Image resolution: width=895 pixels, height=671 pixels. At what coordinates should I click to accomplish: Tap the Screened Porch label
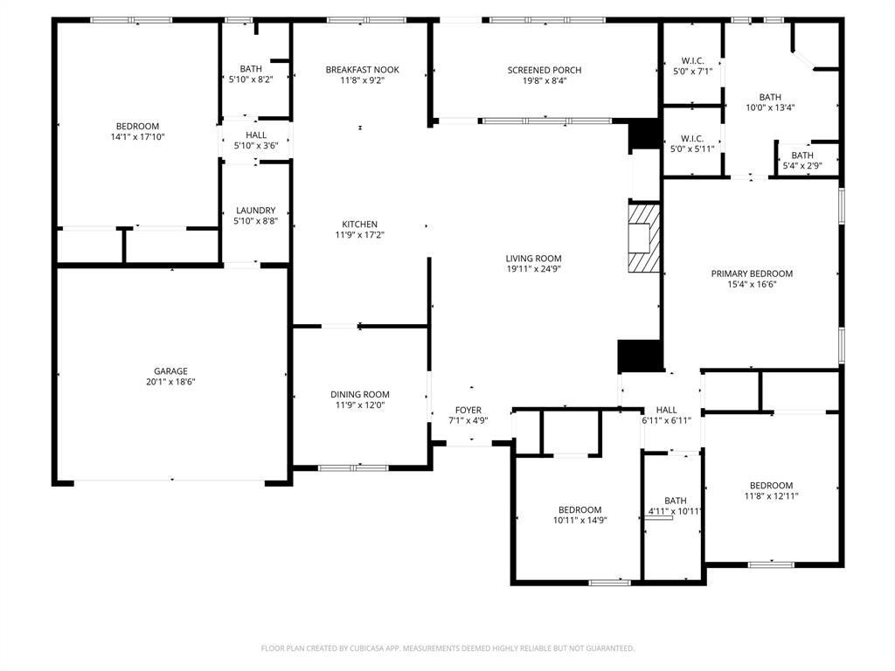(x=544, y=70)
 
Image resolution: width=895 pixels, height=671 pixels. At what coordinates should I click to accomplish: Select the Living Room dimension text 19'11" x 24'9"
(x=533, y=269)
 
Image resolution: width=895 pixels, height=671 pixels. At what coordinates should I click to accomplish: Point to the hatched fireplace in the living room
(x=643, y=239)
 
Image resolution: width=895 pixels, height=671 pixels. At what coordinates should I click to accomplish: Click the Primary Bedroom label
(x=752, y=273)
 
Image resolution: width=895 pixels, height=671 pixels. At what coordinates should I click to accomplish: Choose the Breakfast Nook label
(x=362, y=70)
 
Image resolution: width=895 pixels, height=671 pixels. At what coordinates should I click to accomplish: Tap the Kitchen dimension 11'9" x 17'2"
(x=359, y=235)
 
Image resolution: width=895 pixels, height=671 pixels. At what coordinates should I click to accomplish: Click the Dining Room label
(x=359, y=394)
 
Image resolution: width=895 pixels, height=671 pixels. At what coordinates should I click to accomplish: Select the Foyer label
(x=468, y=410)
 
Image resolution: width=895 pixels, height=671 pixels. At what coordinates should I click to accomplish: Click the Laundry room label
(x=255, y=211)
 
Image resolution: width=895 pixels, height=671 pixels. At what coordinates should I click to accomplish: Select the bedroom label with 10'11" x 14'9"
(x=579, y=510)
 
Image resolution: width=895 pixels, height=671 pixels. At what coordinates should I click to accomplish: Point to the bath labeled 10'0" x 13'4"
(x=769, y=97)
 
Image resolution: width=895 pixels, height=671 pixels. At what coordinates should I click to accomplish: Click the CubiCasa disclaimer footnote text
(x=447, y=648)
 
